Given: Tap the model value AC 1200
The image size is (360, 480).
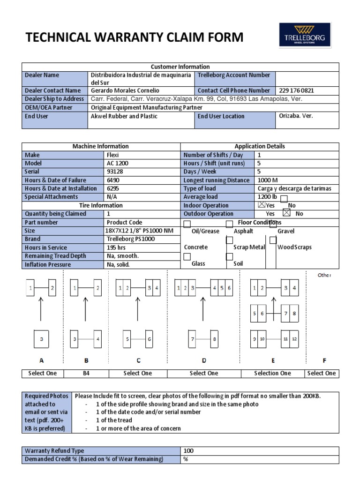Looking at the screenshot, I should [x=117, y=163].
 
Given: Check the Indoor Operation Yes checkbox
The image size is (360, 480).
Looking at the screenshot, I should [x=262, y=205].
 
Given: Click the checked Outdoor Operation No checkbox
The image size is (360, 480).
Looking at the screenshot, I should [x=287, y=213].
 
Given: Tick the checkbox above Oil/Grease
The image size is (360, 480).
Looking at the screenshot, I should [x=187, y=224].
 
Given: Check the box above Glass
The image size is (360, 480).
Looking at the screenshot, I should [x=187, y=256].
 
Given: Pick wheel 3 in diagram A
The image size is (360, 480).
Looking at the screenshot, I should [x=42, y=339].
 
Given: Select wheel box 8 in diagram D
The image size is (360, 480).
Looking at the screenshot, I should [x=214, y=339].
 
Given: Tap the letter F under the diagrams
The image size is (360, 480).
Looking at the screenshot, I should [x=324, y=360].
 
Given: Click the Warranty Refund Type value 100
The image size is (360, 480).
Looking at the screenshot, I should [x=188, y=451].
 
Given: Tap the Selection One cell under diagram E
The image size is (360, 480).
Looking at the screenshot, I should [x=272, y=373].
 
